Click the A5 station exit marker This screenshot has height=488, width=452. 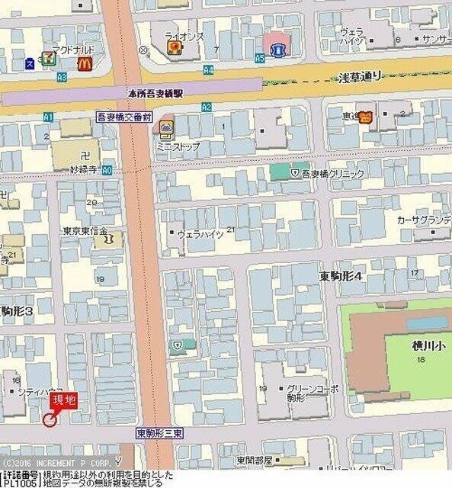point(260,57)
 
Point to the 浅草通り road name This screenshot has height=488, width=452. point(359,75)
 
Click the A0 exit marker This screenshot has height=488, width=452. point(106,171)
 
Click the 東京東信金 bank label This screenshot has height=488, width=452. point(85,231)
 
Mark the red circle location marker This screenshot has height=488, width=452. point(50,419)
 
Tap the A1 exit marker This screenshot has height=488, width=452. point(49,117)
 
